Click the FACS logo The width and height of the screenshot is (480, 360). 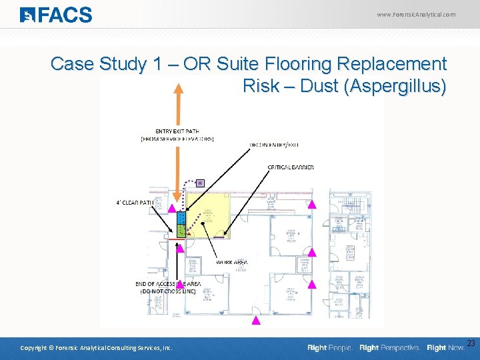tap(56, 14)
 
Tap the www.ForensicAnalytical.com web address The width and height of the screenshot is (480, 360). tap(416, 14)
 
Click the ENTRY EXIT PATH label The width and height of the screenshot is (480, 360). tap(177, 131)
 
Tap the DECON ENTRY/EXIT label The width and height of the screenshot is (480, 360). tap(274, 145)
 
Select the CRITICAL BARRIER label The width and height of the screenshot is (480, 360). tap(291, 167)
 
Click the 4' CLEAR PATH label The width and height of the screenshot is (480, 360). tap(135, 202)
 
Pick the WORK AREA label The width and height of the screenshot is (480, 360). tap(231, 263)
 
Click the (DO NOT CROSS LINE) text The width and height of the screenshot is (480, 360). tap(167, 292)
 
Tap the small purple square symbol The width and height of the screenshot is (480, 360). tap(199, 183)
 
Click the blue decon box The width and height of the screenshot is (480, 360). tap(181, 218)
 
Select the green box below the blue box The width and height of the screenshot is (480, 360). tap(181, 230)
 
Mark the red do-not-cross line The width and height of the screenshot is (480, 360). tap(176, 238)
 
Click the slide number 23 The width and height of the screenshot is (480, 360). tap(471, 343)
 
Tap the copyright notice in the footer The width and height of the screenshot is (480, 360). tap(96, 348)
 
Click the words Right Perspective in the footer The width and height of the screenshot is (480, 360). tap(389, 348)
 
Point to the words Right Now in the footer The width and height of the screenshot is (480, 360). tap(445, 348)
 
